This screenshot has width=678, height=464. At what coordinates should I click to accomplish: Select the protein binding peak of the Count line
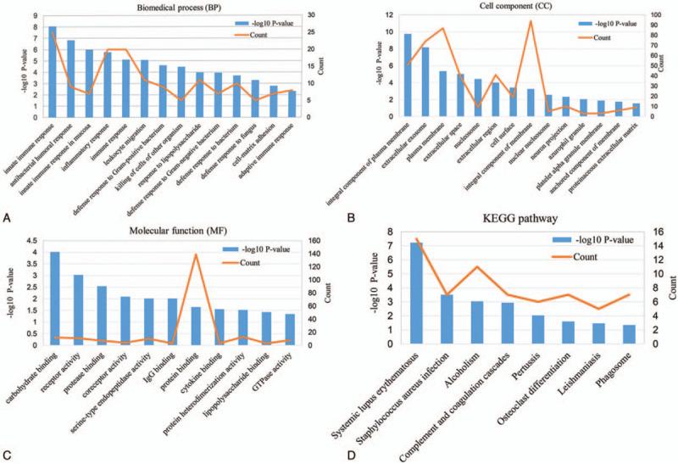click(x=196, y=254)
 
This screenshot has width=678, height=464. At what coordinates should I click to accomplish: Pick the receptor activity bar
click(x=78, y=310)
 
